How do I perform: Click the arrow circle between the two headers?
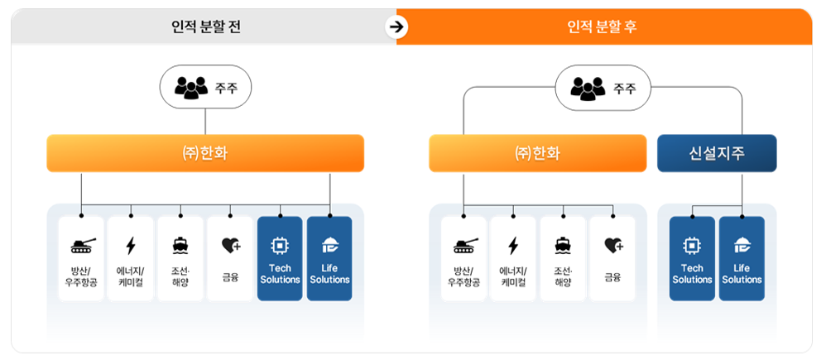coord(397,26)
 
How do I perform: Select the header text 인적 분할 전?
coord(205,26)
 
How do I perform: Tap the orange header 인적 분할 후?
coord(602,26)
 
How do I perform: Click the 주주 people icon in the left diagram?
coord(191,87)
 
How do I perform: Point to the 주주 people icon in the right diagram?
coord(588,87)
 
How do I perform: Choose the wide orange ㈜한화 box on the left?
coord(205,153)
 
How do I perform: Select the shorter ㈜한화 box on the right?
coord(537,153)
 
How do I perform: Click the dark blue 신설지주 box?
coord(717,153)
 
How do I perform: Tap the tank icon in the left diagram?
coord(82,245)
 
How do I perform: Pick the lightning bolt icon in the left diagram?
coord(131,245)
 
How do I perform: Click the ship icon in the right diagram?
coord(563,245)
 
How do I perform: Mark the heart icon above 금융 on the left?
coord(230,245)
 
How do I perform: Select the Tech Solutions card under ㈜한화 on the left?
coord(280,258)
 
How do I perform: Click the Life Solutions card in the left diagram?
coord(329,258)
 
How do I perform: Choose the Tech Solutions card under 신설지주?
coord(692,258)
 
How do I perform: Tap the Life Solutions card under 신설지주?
coord(742,258)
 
